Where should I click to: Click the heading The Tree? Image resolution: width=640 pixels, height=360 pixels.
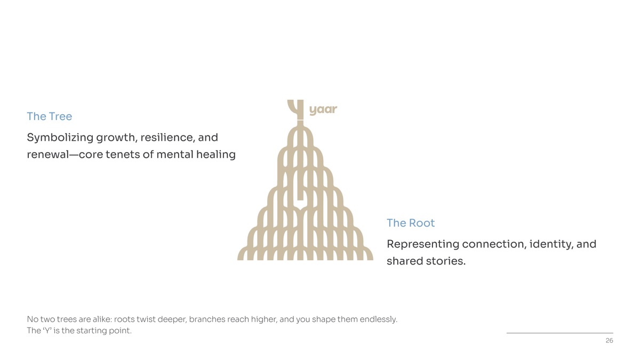point(50,116)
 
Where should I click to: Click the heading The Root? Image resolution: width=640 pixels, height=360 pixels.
point(411,223)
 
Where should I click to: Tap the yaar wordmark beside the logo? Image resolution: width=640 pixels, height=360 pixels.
point(323,110)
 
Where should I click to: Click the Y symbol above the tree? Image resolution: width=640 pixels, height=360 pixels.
point(296,109)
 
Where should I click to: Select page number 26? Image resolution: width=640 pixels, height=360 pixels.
point(609,341)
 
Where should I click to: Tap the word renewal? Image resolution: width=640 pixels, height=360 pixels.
point(48,155)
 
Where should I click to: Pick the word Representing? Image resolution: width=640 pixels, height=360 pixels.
point(423,245)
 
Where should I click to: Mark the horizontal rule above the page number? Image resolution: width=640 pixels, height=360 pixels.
point(559,333)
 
